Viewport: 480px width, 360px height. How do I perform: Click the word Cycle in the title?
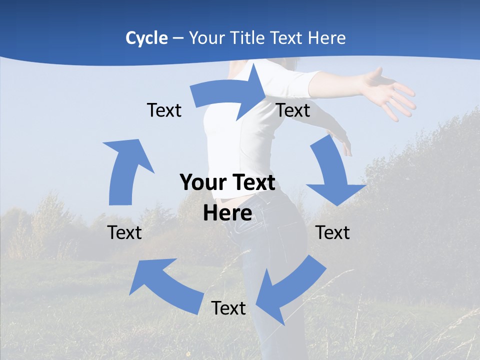[x=146, y=38]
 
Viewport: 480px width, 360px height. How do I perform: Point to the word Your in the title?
[x=206, y=38]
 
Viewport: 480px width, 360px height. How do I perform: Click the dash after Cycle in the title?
[x=178, y=38]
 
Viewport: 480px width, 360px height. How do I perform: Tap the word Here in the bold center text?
[x=227, y=213]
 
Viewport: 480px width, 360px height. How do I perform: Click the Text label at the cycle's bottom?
[x=228, y=308]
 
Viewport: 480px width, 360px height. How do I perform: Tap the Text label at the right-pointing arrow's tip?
[x=293, y=110]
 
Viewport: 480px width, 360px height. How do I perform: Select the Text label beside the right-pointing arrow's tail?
[x=164, y=110]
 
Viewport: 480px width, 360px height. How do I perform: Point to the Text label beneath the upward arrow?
[x=124, y=232]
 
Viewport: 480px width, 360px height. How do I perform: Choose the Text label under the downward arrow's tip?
[x=332, y=232]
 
